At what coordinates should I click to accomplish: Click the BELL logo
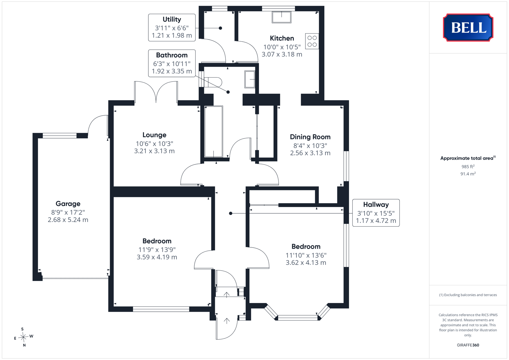468,27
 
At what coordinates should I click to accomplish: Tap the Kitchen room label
282,38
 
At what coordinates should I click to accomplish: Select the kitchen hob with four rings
312,41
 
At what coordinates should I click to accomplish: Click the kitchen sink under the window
282,17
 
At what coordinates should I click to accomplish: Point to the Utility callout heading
172,20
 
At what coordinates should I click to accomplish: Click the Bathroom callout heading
172,55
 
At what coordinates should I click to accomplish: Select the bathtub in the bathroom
213,131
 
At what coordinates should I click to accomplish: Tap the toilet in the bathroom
213,82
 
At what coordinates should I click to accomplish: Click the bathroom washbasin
250,79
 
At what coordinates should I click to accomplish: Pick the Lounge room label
154,135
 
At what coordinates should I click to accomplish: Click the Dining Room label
310,137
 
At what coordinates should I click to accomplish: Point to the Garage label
68,204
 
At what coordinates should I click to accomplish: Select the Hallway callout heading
376,205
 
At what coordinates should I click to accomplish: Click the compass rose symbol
23,337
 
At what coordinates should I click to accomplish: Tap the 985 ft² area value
468,167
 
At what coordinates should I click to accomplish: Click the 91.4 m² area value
468,174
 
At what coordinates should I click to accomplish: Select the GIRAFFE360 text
468,345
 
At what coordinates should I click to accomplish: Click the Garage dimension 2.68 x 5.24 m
68,220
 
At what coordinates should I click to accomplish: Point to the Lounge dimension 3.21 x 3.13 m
154,151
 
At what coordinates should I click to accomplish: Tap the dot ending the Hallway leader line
231,213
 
